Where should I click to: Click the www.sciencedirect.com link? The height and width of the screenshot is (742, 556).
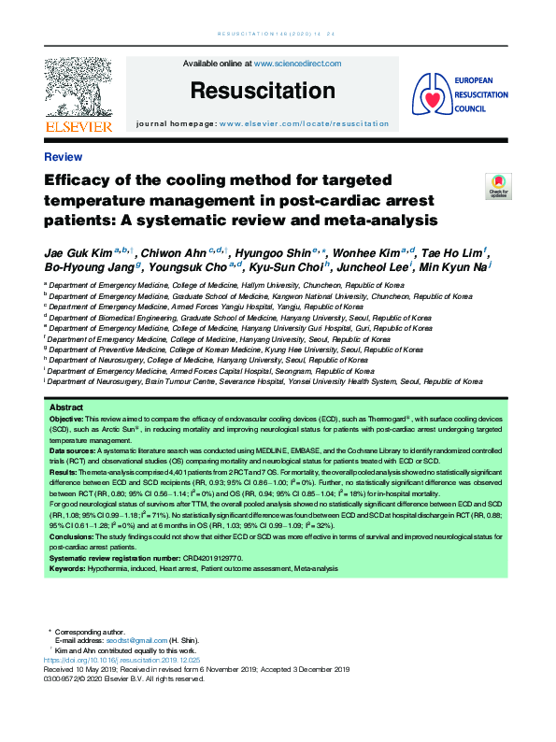297,64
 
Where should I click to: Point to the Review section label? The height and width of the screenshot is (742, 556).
63,157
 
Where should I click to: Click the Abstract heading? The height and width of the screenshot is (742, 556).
65,408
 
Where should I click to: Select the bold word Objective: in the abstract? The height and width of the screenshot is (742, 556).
67,421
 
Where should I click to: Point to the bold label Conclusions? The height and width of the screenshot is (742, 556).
73,536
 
